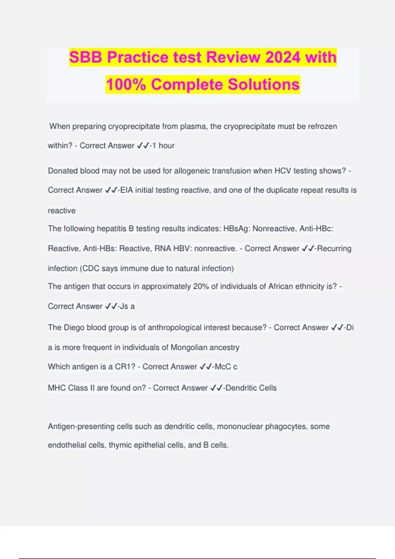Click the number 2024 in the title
pos(283,57)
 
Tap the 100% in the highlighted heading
pos(126,85)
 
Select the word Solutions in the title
pos(264,85)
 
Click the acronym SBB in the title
pos(86,57)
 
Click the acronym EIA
pos(127,190)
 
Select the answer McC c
pos(226,367)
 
